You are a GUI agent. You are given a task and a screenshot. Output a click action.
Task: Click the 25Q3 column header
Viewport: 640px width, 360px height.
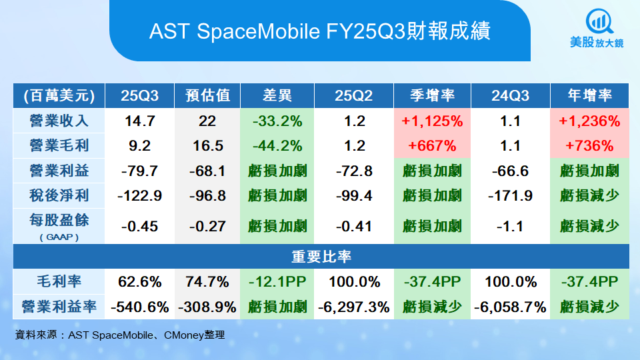coord(139,95)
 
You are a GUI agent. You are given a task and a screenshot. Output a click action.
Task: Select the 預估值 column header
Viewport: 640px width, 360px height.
coord(207,95)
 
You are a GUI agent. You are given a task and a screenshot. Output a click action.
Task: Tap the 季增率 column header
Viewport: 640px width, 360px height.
coord(432,95)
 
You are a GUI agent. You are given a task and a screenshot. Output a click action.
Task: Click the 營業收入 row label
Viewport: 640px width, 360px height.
coord(59,121)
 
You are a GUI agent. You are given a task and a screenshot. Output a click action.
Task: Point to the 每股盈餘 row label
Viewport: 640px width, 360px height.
coord(59,221)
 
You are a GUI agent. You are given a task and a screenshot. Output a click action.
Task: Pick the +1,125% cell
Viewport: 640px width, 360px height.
coord(432,121)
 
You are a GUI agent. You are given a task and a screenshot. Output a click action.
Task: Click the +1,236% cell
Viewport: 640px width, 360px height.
coord(589,121)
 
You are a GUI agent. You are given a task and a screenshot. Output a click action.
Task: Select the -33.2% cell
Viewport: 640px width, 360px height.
coord(277,121)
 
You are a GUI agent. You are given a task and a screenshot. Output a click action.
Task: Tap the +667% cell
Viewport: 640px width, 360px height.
coord(432,146)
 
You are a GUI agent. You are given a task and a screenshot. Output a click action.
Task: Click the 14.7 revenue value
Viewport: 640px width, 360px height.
coord(139,121)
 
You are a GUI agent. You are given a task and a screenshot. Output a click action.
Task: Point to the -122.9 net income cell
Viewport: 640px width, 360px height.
coord(139,196)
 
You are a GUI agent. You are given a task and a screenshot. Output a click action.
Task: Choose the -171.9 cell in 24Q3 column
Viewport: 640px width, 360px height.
coord(510,196)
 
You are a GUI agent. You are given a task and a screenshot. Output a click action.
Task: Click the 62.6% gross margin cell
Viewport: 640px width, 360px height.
coord(139,281)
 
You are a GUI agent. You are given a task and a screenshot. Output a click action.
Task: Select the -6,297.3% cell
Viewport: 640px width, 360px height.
coord(354,307)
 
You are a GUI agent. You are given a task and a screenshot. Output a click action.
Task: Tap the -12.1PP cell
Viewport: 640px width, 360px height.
coord(277,281)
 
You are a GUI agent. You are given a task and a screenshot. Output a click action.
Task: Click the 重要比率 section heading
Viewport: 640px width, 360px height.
coord(321,256)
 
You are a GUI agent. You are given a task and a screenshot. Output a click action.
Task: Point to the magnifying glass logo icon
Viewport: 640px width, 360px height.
coord(599,21)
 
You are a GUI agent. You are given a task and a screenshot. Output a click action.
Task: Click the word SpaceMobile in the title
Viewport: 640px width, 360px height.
coord(259,31)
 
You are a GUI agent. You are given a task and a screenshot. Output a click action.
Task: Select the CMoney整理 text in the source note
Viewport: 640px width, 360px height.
coord(194,335)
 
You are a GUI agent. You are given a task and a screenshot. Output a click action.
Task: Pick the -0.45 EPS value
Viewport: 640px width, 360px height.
coord(139,226)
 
